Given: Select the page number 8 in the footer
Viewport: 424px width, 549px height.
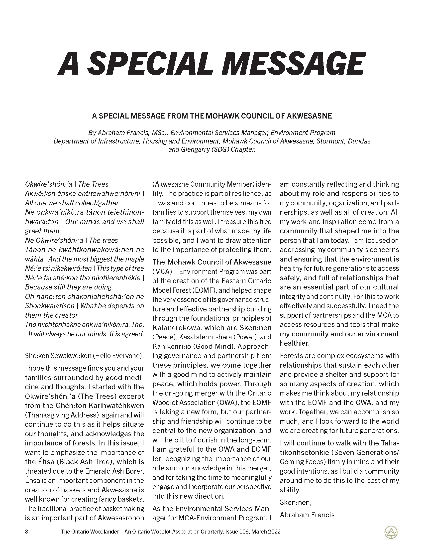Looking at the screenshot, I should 26,532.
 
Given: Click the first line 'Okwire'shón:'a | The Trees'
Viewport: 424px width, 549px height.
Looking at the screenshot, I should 67,184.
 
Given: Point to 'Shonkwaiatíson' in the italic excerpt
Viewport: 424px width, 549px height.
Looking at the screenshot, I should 50,306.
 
